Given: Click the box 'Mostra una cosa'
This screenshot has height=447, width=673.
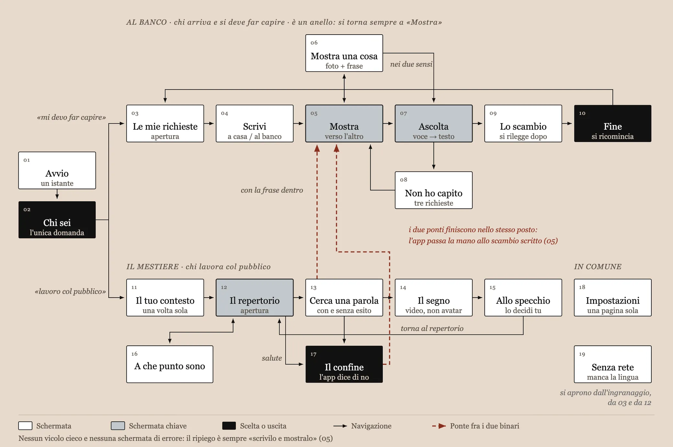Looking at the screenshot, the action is [x=344, y=53].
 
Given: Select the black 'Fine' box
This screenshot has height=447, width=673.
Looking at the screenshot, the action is [x=612, y=123].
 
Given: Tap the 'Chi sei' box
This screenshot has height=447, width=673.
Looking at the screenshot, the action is [x=57, y=220].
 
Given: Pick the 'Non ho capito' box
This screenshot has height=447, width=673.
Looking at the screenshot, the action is [x=434, y=190].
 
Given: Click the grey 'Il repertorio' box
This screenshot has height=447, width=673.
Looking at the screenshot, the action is [x=255, y=297].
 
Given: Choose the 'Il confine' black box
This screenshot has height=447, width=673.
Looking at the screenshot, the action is [x=344, y=364].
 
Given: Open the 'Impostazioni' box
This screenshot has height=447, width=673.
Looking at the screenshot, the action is [x=612, y=297].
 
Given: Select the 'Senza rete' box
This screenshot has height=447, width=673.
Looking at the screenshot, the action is [x=612, y=364].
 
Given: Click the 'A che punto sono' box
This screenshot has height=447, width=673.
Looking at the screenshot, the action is [x=170, y=364].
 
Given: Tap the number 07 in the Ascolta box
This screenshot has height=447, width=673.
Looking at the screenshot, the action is [x=403, y=113].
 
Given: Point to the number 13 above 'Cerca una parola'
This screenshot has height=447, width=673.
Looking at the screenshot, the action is [x=313, y=287].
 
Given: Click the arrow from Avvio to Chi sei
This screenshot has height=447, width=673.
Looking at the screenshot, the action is [x=57, y=194].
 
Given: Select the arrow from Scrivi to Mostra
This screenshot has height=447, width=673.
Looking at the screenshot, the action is [x=298, y=123].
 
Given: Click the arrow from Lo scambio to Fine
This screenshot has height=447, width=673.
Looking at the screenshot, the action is [x=567, y=123].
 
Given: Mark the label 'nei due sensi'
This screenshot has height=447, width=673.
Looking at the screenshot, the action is [x=411, y=64].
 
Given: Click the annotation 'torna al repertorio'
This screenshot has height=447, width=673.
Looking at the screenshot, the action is [x=432, y=328].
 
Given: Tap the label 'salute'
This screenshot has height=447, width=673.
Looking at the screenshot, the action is [x=272, y=358].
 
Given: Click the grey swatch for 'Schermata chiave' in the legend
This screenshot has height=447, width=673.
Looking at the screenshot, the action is [x=118, y=426].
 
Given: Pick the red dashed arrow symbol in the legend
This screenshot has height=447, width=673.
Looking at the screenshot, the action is [x=439, y=426].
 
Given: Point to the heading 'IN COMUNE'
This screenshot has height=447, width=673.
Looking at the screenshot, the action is [x=598, y=267].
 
